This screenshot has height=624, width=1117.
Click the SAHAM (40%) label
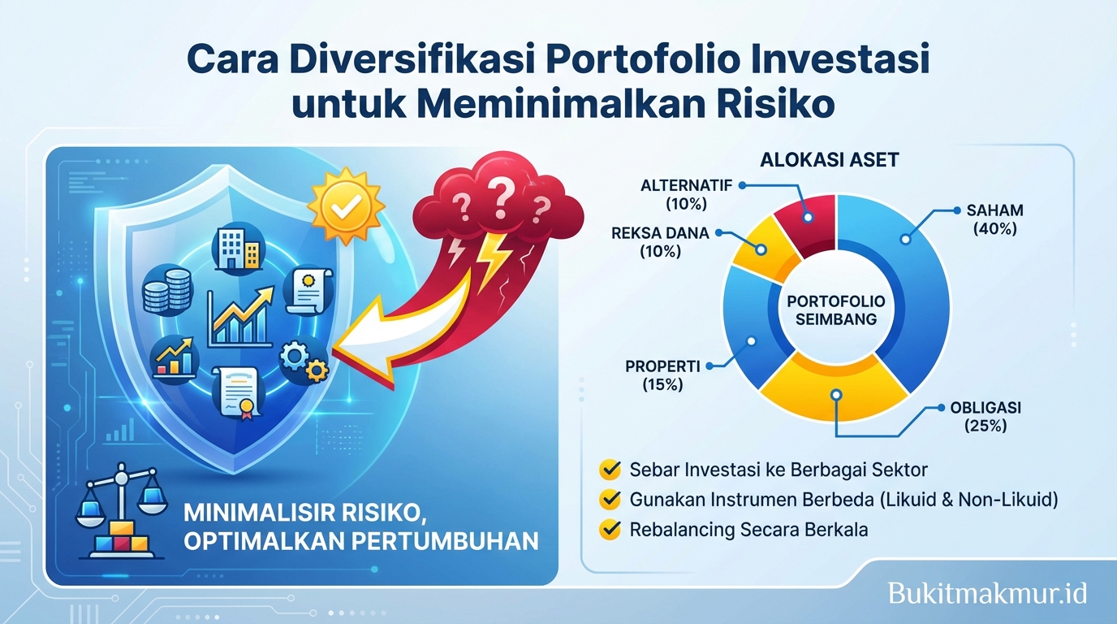(994, 219)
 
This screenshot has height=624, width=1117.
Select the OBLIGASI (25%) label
(985, 417)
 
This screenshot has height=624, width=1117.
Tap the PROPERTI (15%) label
(662, 375)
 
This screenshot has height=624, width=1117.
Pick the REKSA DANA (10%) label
(660, 242)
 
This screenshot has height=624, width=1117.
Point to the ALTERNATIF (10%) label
(687, 193)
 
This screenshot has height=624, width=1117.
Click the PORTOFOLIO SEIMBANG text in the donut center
(836, 310)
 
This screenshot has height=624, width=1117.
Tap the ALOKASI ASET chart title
(829, 160)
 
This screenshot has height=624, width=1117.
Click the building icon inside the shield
(235, 247)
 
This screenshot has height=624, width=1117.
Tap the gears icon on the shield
(304, 362)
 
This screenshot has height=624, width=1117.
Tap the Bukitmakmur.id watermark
(987, 592)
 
